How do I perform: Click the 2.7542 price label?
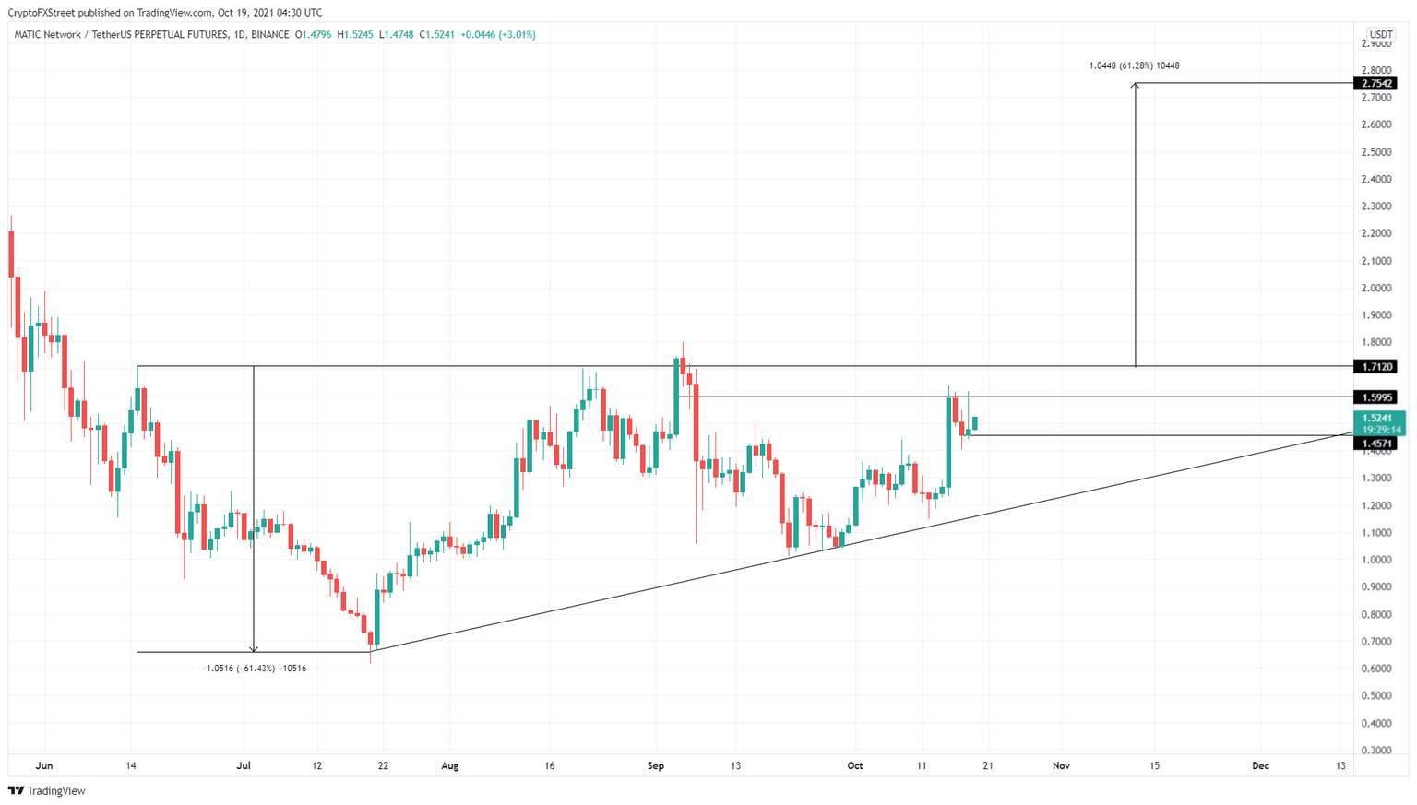pyautogui.click(x=1375, y=84)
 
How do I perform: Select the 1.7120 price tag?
pyautogui.click(x=1375, y=367)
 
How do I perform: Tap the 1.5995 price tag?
pyautogui.click(x=1375, y=397)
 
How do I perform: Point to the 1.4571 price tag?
pyautogui.click(x=1375, y=444)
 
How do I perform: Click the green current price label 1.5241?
pyautogui.click(x=1378, y=419)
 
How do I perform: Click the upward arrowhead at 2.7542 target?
pyautogui.click(x=1136, y=86)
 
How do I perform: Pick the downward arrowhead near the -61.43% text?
pyautogui.click(x=254, y=649)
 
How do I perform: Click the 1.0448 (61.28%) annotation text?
pyautogui.click(x=1134, y=65)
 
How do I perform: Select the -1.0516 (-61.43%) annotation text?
pyautogui.click(x=254, y=668)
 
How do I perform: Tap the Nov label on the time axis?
pyautogui.click(x=1061, y=765)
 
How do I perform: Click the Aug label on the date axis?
pyautogui.click(x=449, y=765)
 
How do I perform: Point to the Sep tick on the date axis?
pyautogui.click(x=656, y=765)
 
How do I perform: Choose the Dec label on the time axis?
pyautogui.click(x=1260, y=765)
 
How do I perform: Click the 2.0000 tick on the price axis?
pyautogui.click(x=1376, y=288)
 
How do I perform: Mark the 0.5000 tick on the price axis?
pyautogui.click(x=1376, y=696)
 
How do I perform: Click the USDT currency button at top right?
pyautogui.click(x=1380, y=35)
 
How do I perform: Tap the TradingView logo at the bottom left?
pyautogui.click(x=47, y=790)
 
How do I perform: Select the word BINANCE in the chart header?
pyautogui.click(x=269, y=35)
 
